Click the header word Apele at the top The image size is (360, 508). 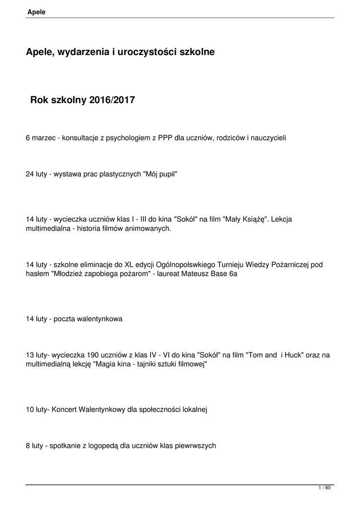pos(36,12)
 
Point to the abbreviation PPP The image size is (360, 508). pos(165,137)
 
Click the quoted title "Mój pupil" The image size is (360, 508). pos(160,175)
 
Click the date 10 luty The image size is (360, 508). pos(37,409)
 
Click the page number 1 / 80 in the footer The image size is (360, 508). pos(324,488)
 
